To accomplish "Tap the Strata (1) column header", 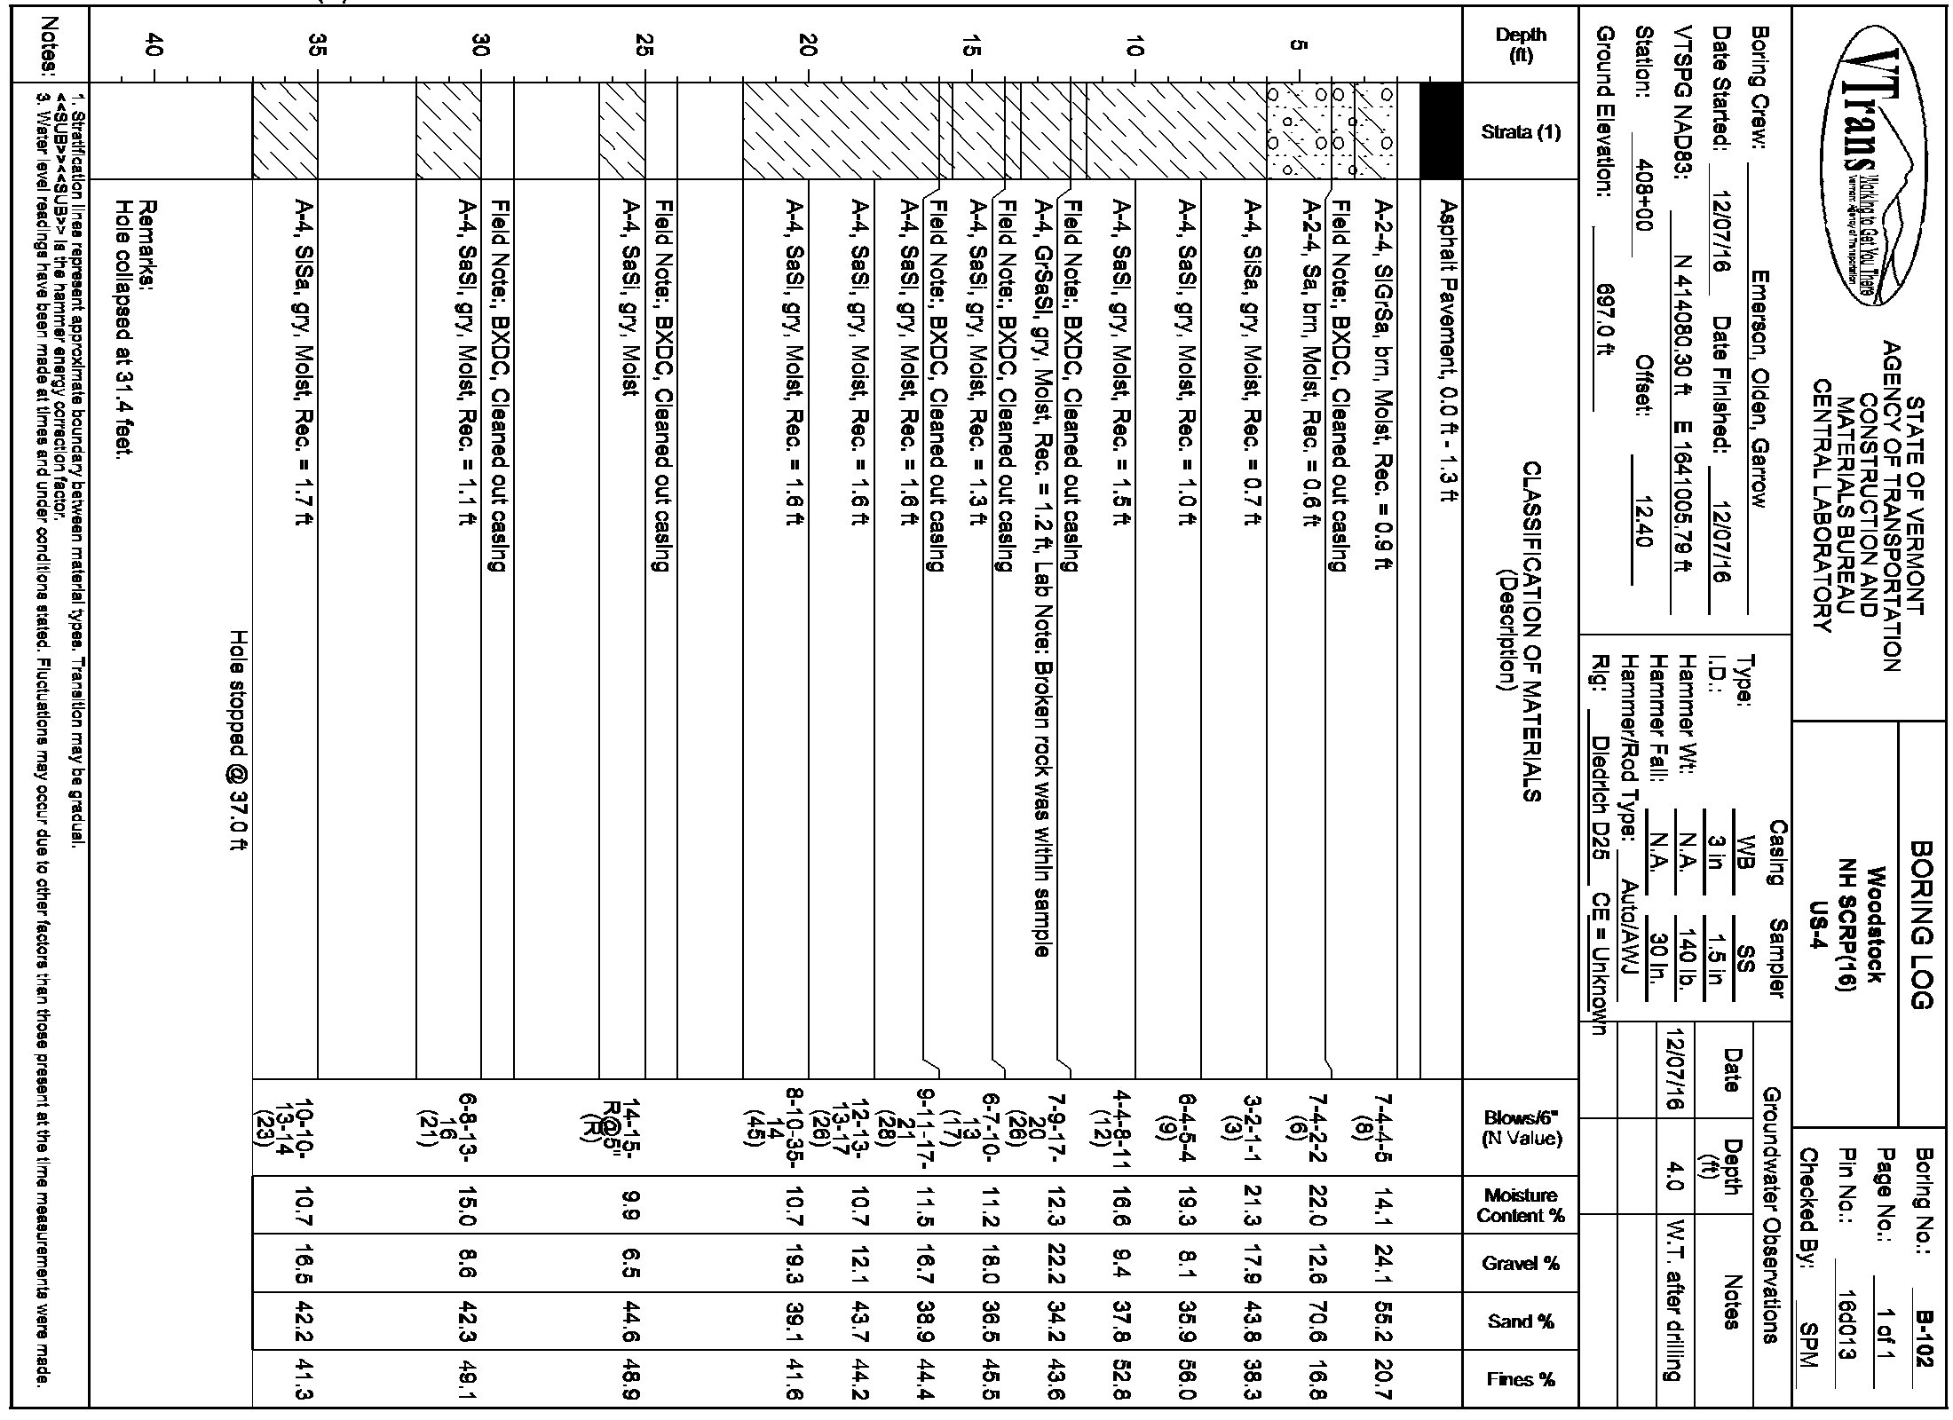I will click(x=1520, y=132).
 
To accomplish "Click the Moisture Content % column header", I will click(x=1520, y=1205).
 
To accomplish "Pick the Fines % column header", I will click(x=1520, y=1380).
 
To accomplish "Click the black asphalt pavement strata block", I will click(x=1441, y=131).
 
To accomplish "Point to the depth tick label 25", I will click(x=644, y=44).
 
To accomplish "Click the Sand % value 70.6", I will click(x=1312, y=1322).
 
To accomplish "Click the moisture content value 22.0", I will click(x=1312, y=1205).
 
